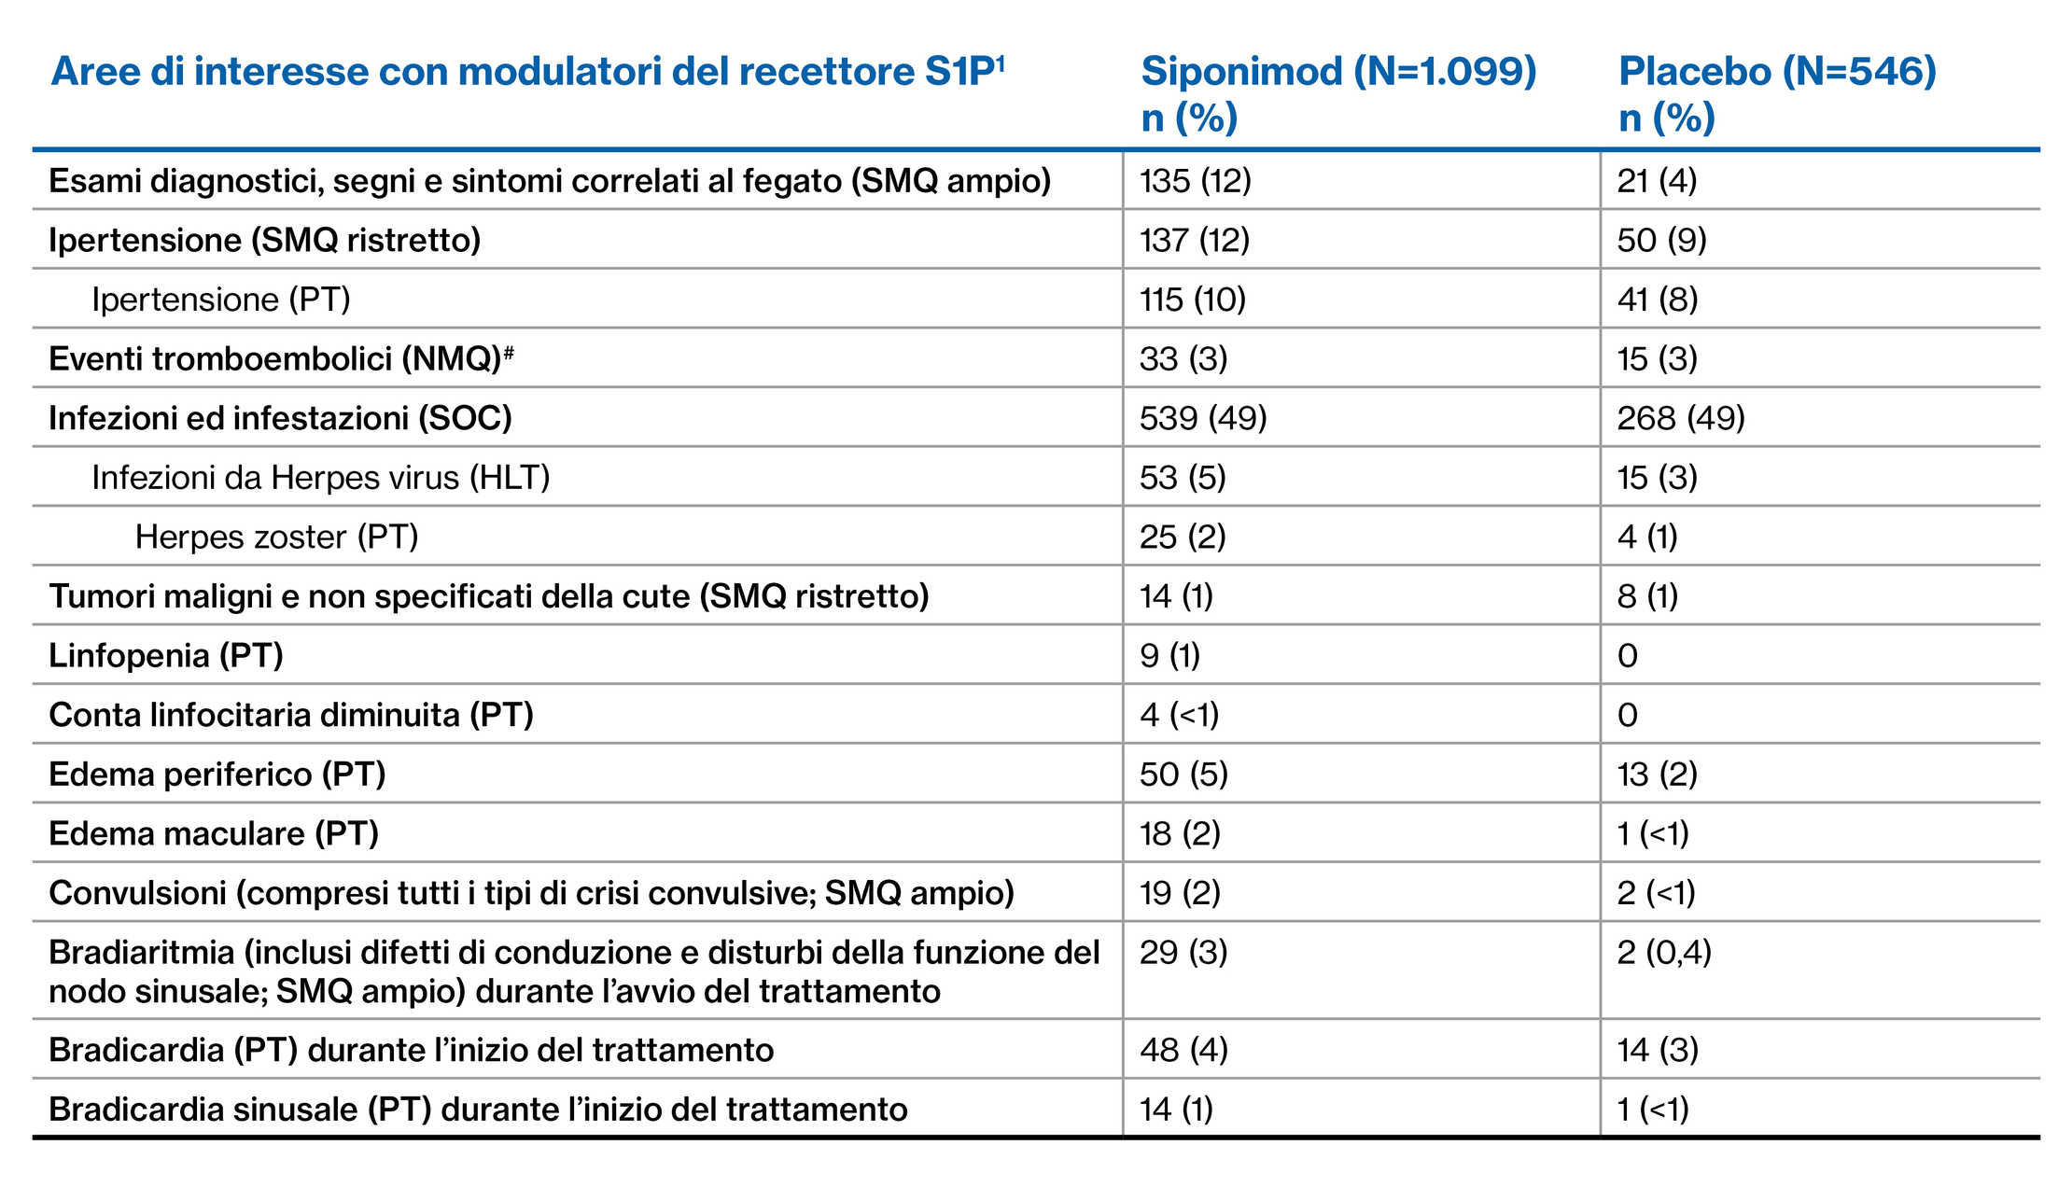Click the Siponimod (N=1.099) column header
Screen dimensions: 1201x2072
[1338, 72]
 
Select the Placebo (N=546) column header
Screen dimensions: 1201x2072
[1777, 72]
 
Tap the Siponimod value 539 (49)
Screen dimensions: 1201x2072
[1203, 418]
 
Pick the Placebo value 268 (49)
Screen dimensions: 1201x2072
[1681, 418]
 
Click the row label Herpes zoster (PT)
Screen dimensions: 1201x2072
[276, 537]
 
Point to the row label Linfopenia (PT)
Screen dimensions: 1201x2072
[166, 655]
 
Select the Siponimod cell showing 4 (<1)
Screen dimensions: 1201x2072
[1179, 715]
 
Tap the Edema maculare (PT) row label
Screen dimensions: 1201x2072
[214, 833]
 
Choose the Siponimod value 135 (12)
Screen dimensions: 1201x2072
[1195, 181]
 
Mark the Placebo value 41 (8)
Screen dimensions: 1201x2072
[1657, 300]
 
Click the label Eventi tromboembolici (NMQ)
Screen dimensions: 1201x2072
[276, 359]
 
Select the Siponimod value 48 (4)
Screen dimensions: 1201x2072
[1183, 1050]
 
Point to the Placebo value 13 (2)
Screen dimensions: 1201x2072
[1657, 775]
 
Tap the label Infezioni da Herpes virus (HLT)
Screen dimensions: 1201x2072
[320, 478]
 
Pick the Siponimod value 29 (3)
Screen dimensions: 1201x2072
[1183, 953]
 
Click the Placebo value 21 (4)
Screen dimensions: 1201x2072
[1657, 181]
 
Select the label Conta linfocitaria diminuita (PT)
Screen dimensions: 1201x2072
[291, 715]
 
